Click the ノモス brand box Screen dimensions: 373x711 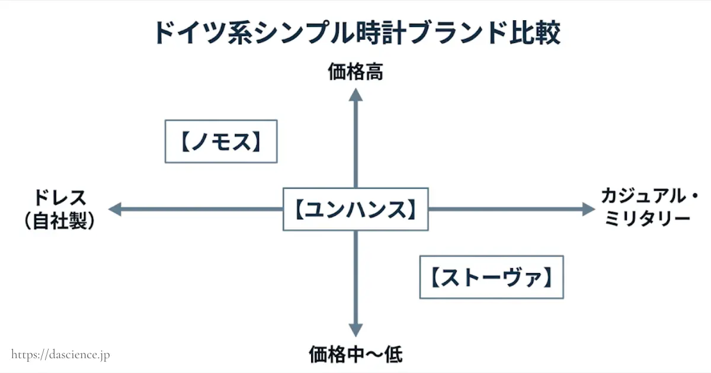(220, 142)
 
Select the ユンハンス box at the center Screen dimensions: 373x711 (355, 209)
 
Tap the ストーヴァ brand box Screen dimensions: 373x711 (491, 276)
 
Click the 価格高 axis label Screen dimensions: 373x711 (355, 72)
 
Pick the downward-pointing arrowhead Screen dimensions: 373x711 (355, 330)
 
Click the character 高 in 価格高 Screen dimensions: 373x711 (373, 72)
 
